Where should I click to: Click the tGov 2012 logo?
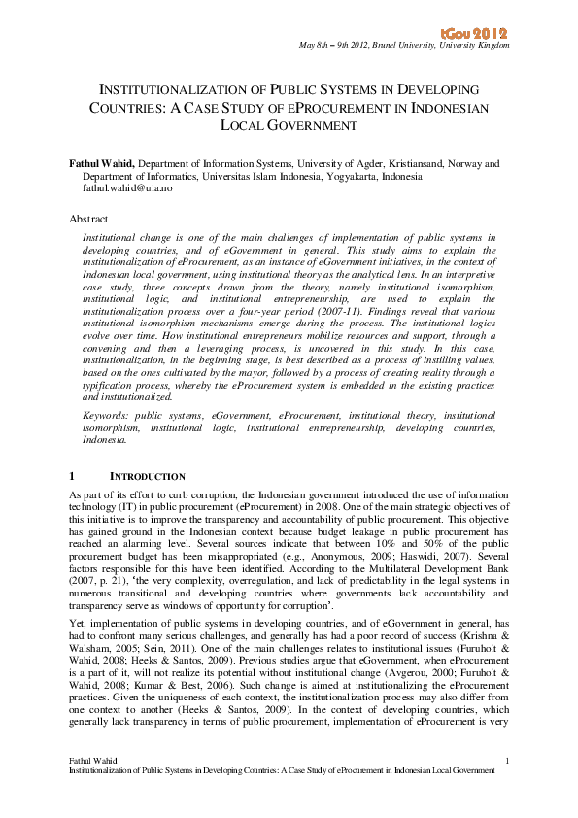(x=481, y=34)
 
